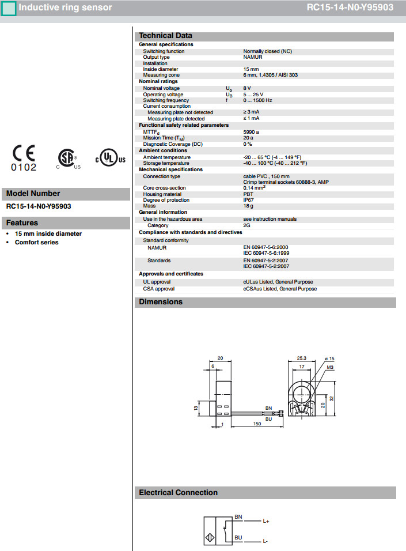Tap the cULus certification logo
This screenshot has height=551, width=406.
click(x=110, y=158)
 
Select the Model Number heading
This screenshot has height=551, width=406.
click(x=33, y=194)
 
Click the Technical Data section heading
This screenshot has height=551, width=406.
click(x=166, y=36)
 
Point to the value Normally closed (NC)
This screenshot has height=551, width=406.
click(x=267, y=51)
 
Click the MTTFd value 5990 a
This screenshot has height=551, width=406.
click(x=251, y=132)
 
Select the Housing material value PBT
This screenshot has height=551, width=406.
click(x=248, y=194)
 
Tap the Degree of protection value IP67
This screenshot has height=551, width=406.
click(x=249, y=200)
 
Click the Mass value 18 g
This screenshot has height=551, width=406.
click(x=248, y=206)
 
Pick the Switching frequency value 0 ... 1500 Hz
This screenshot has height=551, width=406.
click(x=257, y=100)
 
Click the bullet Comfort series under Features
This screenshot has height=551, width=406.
click(x=37, y=242)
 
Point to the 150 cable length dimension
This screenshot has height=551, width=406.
click(x=257, y=424)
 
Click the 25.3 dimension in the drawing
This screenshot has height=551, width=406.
click(x=302, y=358)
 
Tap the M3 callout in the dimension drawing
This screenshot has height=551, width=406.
click(x=330, y=367)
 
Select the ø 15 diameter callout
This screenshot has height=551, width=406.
click(x=329, y=358)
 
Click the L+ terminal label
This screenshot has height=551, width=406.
click(x=266, y=521)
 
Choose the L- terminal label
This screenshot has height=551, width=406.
click(x=265, y=541)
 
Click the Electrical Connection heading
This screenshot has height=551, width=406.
click(x=179, y=493)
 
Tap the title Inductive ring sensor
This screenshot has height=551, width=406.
click(x=66, y=7)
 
